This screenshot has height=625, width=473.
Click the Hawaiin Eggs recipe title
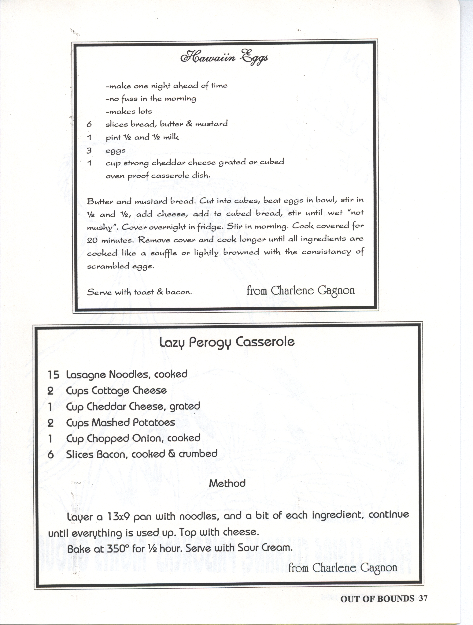click(x=224, y=58)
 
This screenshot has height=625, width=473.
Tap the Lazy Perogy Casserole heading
click(x=227, y=342)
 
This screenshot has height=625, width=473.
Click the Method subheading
click(x=227, y=483)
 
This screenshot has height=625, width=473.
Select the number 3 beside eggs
click(x=89, y=150)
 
